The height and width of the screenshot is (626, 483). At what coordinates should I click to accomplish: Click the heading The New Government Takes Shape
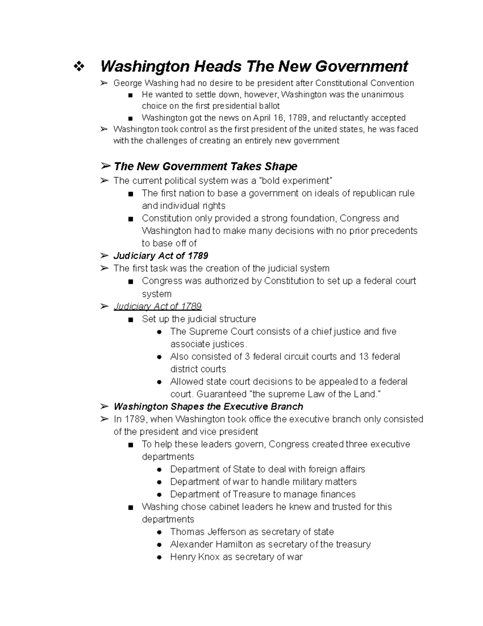coord(205,166)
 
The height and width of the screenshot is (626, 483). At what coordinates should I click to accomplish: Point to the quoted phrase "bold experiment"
coord(297,181)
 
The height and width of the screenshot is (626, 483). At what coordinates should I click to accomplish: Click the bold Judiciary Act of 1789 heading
coord(161,256)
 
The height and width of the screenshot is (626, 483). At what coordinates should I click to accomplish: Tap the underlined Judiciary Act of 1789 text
coord(157,306)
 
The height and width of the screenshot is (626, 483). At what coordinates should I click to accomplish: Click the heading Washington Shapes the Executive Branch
coord(208,406)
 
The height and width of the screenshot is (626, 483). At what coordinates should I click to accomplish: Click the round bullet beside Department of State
coord(159,470)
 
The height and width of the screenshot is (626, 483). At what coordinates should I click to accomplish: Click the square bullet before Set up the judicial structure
coord(130,320)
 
